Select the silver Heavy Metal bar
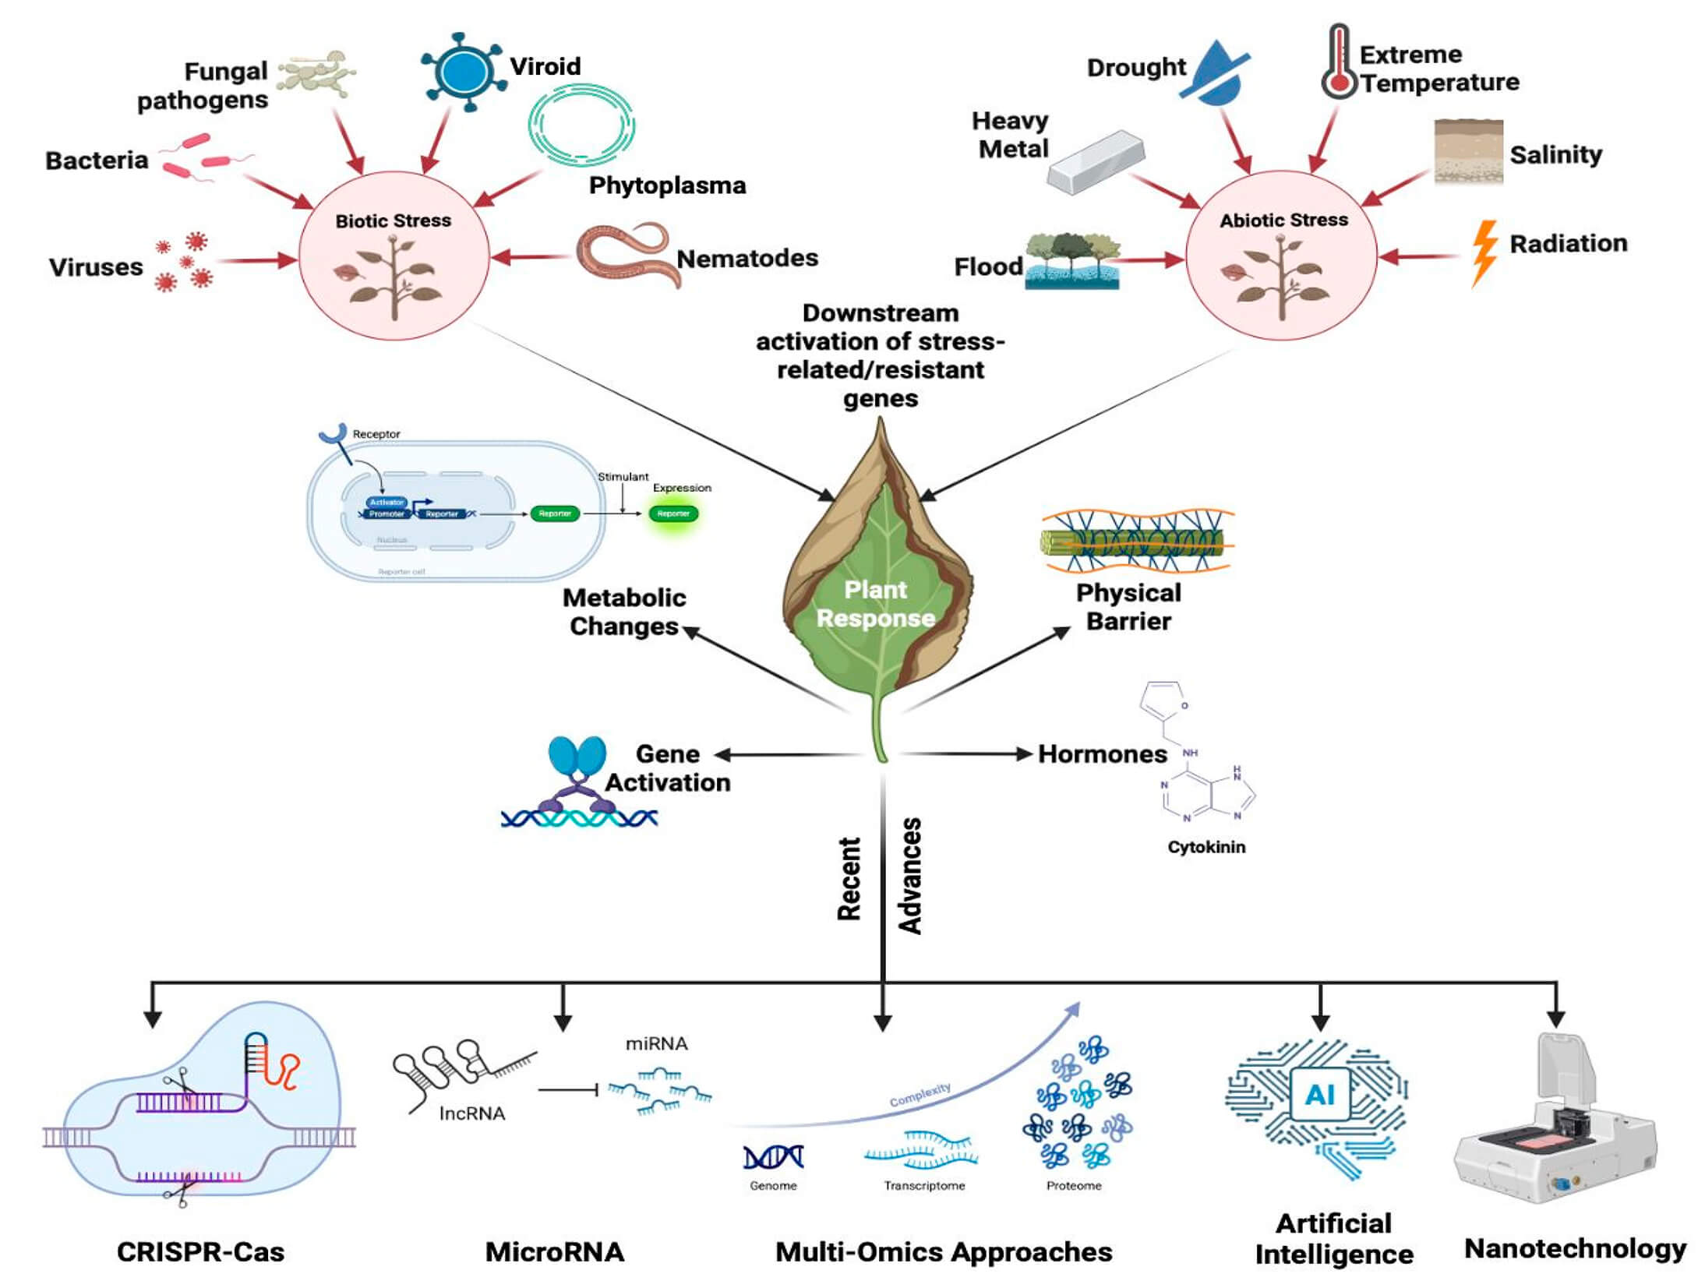point(1096,162)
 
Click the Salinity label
point(1555,154)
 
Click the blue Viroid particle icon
point(461,72)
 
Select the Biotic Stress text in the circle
point(393,221)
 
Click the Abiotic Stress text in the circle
point(1283,221)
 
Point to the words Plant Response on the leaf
point(875,604)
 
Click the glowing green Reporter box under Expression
point(672,513)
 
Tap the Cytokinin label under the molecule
point(1206,846)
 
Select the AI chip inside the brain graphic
point(1318,1095)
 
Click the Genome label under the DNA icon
point(772,1185)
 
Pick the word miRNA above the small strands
point(656,1043)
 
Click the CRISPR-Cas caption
point(200,1251)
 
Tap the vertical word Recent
point(849,878)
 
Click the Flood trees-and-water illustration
point(1071,262)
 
